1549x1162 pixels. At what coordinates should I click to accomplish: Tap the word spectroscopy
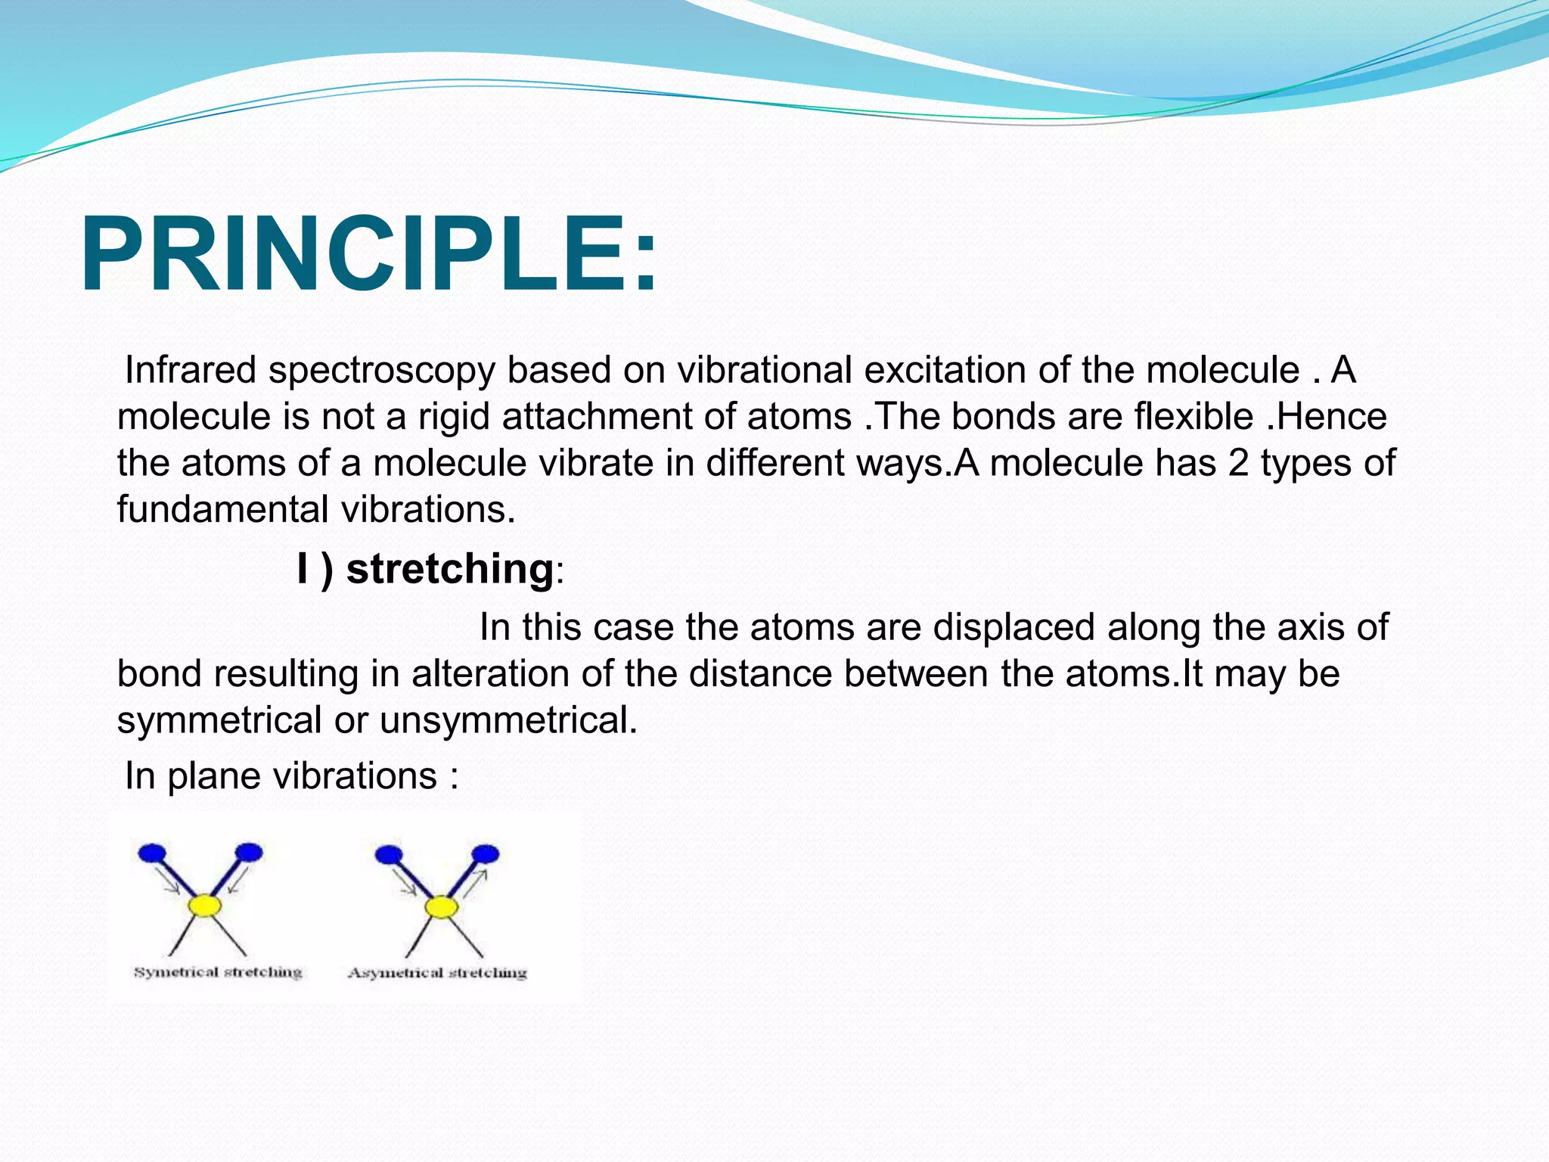tap(381, 371)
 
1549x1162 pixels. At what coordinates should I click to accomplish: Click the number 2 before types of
tap(1238, 463)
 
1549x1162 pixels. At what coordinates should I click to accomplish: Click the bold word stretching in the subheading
tap(450, 568)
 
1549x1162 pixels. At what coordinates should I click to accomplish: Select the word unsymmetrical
tap(508, 720)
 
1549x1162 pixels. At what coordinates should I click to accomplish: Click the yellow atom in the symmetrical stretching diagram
tap(205, 905)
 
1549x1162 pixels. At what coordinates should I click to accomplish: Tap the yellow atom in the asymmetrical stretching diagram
tap(441, 906)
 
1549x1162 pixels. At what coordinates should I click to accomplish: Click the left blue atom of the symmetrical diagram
tap(152, 853)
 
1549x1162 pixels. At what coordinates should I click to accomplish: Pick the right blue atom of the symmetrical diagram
tap(249, 853)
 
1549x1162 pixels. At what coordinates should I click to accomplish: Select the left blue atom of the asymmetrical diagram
tap(389, 855)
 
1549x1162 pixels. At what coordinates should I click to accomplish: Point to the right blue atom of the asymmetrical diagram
tap(485, 854)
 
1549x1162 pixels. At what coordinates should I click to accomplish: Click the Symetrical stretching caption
tap(218, 972)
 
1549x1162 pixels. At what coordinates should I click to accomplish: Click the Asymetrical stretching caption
tap(437, 973)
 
